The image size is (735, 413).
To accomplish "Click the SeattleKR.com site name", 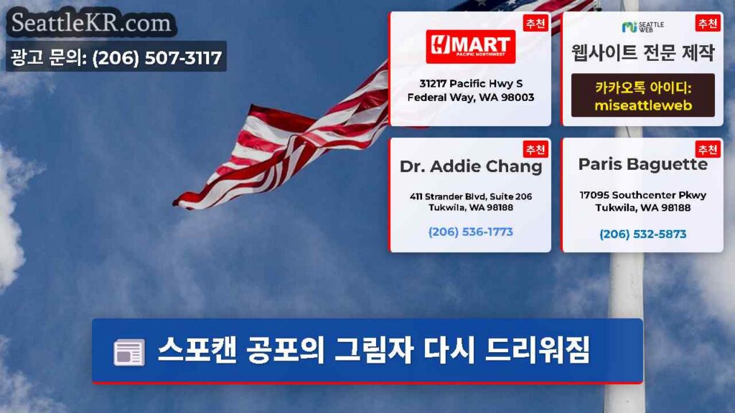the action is pyautogui.click(x=91, y=23).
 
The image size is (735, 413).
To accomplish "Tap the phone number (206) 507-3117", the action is pyautogui.click(x=157, y=57).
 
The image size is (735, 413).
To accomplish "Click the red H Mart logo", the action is pyautogui.click(x=471, y=47).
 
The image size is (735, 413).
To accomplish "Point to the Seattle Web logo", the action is pyautogui.click(x=642, y=27).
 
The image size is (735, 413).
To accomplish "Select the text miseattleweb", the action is pyautogui.click(x=643, y=105).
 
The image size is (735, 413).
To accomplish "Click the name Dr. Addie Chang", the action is pyautogui.click(x=471, y=166).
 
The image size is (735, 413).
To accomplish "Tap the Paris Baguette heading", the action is pyautogui.click(x=642, y=164).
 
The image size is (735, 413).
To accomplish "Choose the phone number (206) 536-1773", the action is pyautogui.click(x=471, y=232).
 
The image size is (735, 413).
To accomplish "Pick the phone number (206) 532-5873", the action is pyautogui.click(x=642, y=234).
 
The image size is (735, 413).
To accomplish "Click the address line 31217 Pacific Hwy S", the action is pyautogui.click(x=471, y=83).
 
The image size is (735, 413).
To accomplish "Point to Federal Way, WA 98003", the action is pyautogui.click(x=471, y=98).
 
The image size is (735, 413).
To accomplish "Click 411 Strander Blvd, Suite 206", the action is pyautogui.click(x=471, y=196).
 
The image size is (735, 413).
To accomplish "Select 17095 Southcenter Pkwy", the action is pyautogui.click(x=642, y=195).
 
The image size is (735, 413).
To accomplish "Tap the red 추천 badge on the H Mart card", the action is pyautogui.click(x=535, y=24).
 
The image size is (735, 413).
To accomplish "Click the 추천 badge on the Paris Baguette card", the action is pyautogui.click(x=707, y=149).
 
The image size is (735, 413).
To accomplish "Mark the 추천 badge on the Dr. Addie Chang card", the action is pyautogui.click(x=535, y=149).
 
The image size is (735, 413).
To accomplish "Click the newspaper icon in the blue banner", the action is pyautogui.click(x=129, y=352).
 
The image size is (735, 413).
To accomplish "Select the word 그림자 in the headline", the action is pyautogui.click(x=373, y=350).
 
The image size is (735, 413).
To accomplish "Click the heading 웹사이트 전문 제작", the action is pyautogui.click(x=642, y=52).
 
